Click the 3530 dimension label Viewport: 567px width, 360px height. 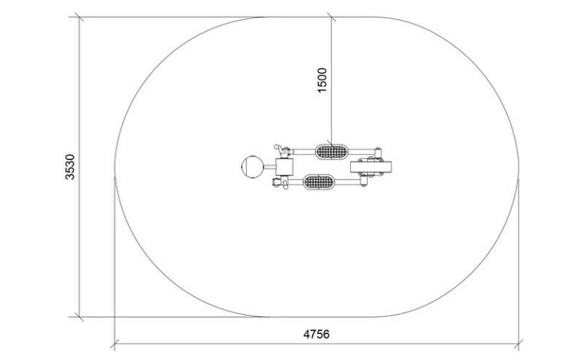coord(70,167)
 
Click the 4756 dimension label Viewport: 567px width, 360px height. coord(316,334)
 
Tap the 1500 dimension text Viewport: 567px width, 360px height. coord(322,80)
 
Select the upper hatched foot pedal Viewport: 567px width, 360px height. coord(331,152)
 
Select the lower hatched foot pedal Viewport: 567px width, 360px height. coord(318,182)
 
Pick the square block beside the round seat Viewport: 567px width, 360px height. coord(284,167)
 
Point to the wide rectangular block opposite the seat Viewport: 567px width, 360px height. coord(371,167)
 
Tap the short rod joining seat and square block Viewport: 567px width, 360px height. coord(269,167)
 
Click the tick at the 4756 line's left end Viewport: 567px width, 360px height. coord(115,344)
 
